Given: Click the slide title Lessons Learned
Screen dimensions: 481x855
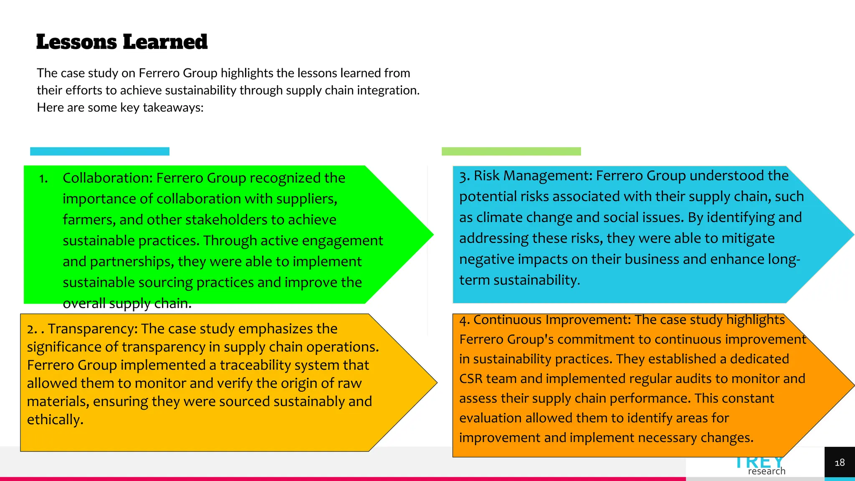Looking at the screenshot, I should pyautogui.click(x=122, y=42).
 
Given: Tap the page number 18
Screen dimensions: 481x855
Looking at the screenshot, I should pyautogui.click(x=839, y=463).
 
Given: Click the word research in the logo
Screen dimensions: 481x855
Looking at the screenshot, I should pyautogui.click(x=766, y=471).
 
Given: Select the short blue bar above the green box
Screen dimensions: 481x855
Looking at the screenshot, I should pyautogui.click(x=100, y=151).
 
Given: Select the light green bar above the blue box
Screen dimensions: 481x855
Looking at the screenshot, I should pyautogui.click(x=511, y=151).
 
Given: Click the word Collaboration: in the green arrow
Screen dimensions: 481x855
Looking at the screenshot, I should pyautogui.click(x=108, y=178).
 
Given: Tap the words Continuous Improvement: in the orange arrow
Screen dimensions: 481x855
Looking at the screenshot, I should pyautogui.click(x=552, y=320).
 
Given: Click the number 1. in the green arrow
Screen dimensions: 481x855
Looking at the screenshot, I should pyautogui.click(x=43, y=179).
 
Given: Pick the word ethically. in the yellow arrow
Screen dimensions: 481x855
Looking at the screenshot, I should pyautogui.click(x=55, y=420).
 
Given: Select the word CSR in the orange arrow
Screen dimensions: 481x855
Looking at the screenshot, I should pyautogui.click(x=471, y=379).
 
